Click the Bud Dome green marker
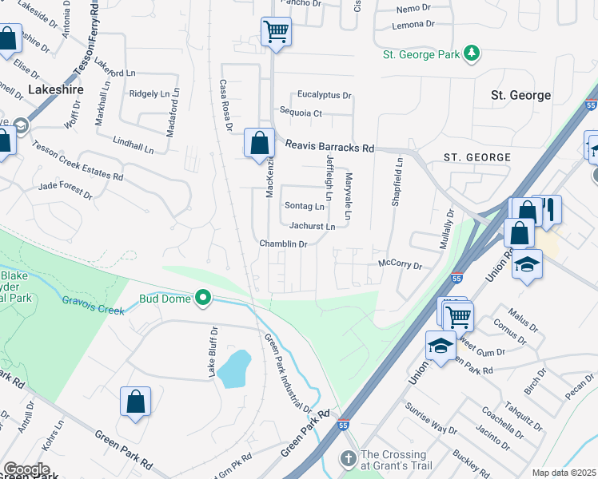tap(204, 299)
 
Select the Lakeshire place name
tap(57, 90)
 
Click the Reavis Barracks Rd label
tap(331, 148)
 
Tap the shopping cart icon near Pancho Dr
tap(276, 33)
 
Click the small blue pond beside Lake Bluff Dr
tap(233, 368)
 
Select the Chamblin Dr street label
tap(283, 243)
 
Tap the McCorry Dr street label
tap(399, 263)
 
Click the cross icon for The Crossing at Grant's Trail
tap(348, 459)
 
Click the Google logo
tap(26, 469)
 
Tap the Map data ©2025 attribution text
tap(563, 473)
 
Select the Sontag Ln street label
tap(304, 206)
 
